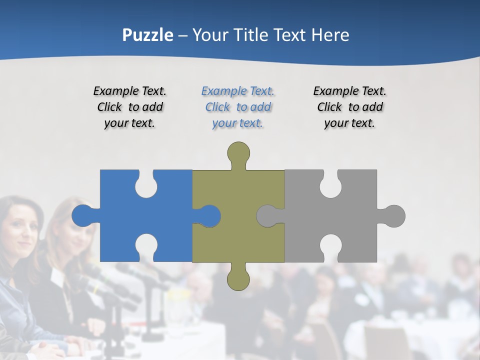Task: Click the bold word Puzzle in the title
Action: click(148, 35)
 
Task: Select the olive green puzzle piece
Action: click(238, 235)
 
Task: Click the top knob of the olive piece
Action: click(238, 153)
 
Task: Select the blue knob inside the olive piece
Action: click(209, 216)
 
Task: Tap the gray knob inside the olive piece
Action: click(267, 216)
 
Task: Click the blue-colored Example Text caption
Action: click(238, 107)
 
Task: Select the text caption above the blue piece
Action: click(130, 107)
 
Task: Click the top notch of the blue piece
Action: click(146, 185)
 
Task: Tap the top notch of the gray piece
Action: click(331, 185)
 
